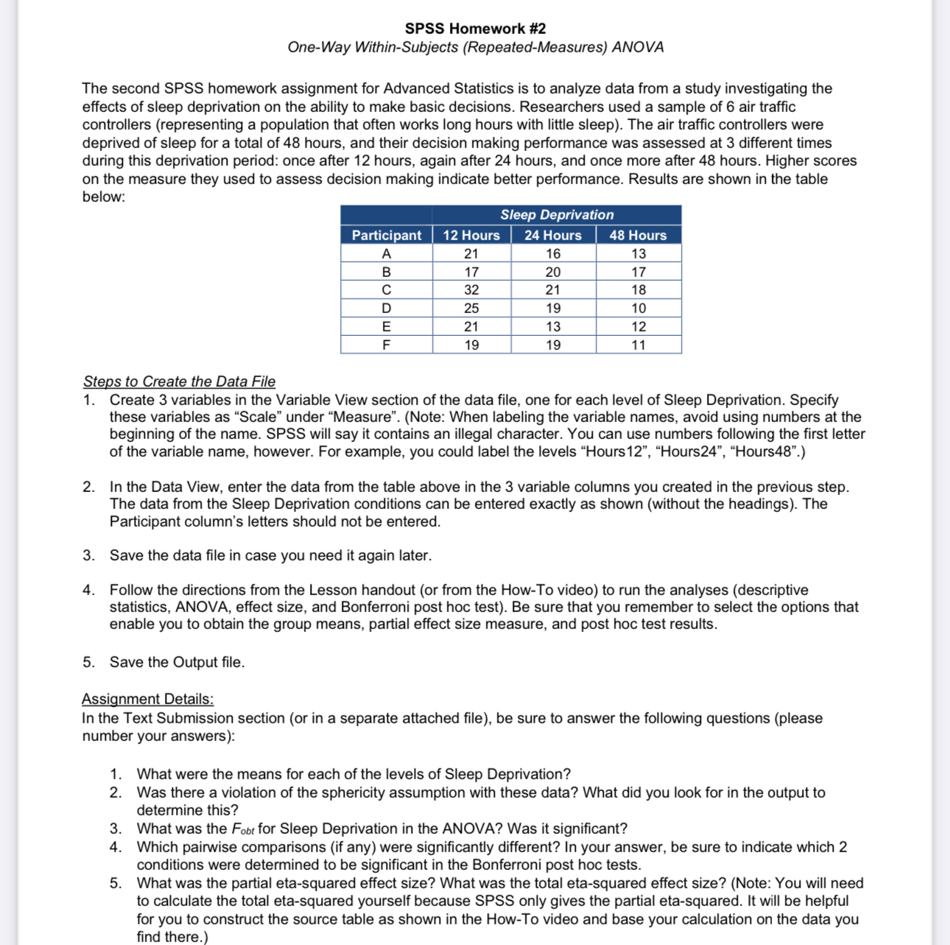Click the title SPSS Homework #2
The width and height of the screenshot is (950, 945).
point(475,29)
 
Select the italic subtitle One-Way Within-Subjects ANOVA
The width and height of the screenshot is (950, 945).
point(475,47)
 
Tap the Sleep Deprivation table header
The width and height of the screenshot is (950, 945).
point(557,215)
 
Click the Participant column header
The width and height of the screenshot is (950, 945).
point(386,235)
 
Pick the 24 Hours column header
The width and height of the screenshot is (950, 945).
point(552,235)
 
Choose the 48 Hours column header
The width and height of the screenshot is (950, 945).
point(638,235)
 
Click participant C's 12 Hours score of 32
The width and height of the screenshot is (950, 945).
point(471,290)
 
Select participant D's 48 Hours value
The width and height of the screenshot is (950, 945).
point(638,309)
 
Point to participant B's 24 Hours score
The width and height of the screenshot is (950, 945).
point(553,272)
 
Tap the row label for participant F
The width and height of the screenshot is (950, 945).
point(386,345)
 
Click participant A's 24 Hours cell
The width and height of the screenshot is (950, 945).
point(553,253)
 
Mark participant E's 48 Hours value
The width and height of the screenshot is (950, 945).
point(638,326)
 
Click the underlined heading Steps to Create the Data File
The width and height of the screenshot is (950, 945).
point(179,382)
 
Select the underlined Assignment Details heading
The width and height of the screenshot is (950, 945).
point(147,699)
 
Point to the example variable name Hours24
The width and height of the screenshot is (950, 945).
point(681,452)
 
